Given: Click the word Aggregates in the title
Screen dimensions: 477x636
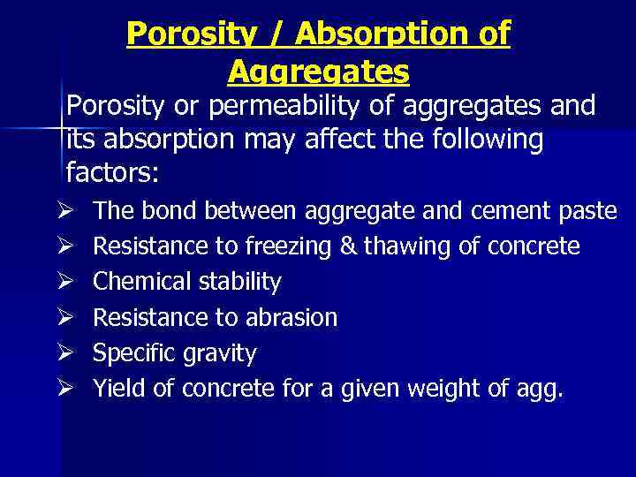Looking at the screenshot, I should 318,70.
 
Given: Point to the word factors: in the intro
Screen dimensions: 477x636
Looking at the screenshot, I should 112,172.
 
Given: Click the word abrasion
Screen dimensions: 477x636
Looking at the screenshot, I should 292,317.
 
